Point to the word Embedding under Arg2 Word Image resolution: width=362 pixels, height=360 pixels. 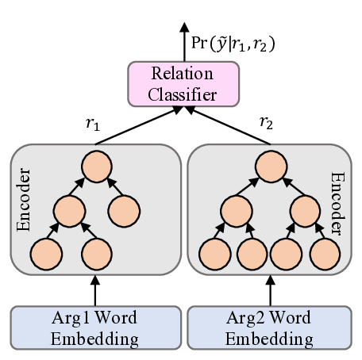pos(268,339)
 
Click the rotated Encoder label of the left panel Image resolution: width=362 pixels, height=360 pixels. pos(24,199)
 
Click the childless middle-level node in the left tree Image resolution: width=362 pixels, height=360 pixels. pos(124,210)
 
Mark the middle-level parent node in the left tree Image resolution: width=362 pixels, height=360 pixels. pos(68,210)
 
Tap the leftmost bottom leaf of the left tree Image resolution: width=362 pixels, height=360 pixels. pos(45,254)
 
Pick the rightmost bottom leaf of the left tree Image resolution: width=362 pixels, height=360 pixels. pos(95,254)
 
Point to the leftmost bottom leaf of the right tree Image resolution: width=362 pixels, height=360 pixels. pos(214,254)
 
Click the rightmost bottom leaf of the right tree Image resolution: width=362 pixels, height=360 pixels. pos(325,254)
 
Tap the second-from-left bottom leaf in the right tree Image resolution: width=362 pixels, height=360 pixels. pos(251,254)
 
